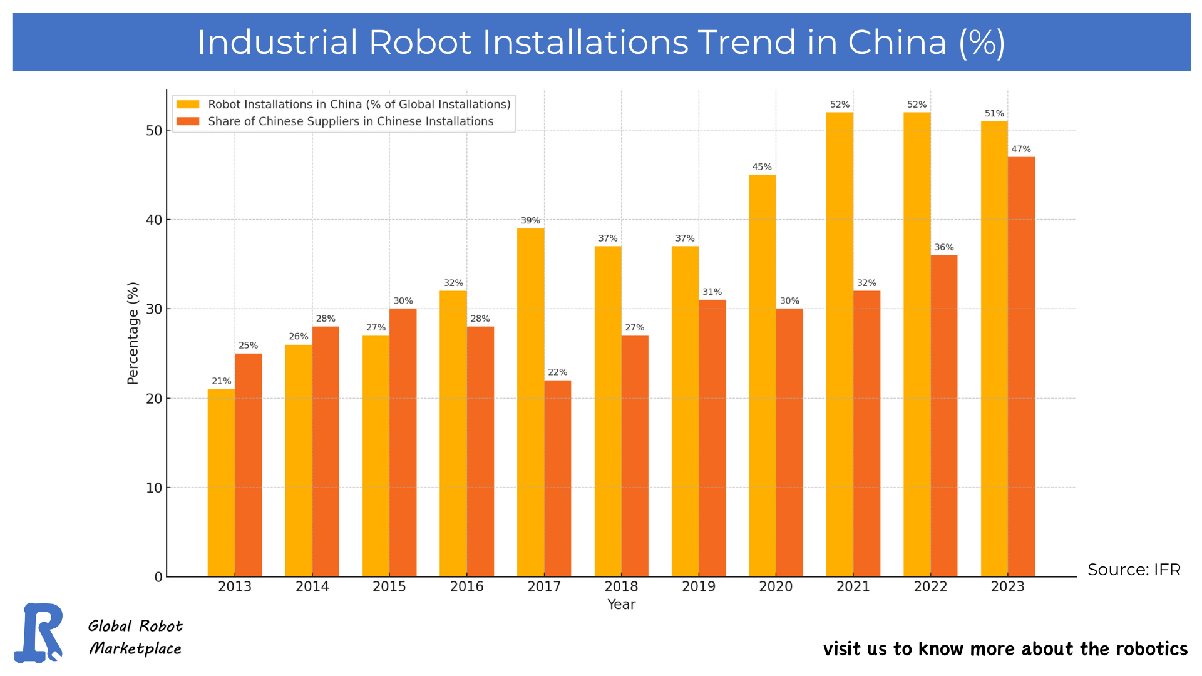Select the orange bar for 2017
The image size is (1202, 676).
[557, 479]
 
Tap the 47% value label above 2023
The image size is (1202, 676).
[1021, 149]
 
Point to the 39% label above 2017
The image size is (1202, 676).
[530, 220]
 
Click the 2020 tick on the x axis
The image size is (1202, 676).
[776, 586]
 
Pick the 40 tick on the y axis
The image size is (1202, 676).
[154, 220]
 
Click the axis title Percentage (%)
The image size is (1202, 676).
[133, 333]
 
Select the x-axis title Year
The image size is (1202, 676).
[621, 605]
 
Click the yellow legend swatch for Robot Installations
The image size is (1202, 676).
[188, 105]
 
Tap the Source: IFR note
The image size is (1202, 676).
[1134, 570]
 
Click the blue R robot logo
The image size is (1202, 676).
[39, 632]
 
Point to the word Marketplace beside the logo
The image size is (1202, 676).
[135, 648]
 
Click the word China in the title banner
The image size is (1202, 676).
[896, 43]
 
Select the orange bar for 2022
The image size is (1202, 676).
[944, 416]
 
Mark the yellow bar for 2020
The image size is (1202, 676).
[762, 376]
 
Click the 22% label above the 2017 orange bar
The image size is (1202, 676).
[557, 372]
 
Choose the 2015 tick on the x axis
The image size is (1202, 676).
[389, 586]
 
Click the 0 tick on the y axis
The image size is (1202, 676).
[158, 577]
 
